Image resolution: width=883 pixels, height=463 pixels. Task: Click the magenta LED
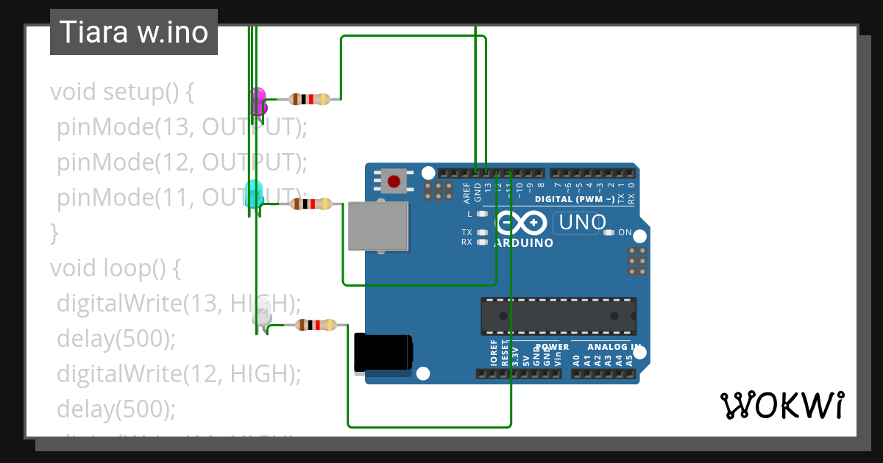pos(258,100)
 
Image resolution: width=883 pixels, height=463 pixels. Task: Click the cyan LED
pos(254,193)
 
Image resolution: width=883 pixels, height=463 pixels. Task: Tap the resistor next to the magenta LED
pos(309,99)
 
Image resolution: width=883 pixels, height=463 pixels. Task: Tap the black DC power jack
pos(382,352)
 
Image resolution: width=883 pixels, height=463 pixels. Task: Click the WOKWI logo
pos(781,405)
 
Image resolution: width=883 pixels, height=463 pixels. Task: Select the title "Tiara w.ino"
pos(134,32)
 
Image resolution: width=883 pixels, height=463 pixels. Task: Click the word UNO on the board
pos(583,222)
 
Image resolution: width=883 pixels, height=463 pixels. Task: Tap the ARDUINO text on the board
pos(524,243)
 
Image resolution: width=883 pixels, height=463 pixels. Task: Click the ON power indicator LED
pos(609,233)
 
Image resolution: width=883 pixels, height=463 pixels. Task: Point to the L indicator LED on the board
pos(482,214)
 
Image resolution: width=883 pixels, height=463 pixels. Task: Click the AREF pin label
pos(467,193)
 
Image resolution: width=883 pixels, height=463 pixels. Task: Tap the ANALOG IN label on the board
pos(614,347)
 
